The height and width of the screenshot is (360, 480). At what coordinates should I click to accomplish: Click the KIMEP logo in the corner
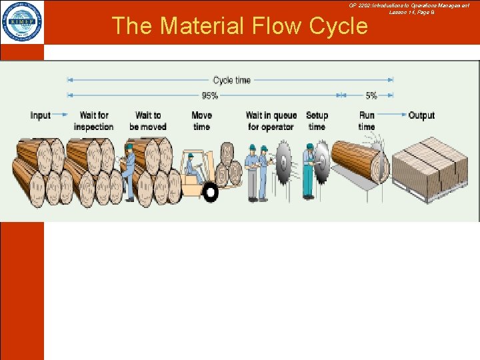22,21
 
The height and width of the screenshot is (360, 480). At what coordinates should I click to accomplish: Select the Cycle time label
232,80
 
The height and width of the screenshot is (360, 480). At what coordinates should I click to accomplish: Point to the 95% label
209,96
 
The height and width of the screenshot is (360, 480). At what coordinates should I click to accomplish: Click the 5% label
371,96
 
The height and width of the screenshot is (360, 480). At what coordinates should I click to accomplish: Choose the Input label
41,115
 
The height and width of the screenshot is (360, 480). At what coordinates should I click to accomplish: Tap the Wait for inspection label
93,121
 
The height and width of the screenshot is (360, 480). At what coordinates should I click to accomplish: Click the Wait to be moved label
148,121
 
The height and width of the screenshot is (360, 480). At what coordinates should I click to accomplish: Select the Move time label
201,121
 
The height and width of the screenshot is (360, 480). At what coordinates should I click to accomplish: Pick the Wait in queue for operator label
271,121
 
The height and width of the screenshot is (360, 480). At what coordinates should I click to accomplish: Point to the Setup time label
317,121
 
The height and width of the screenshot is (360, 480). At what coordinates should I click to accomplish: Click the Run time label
367,121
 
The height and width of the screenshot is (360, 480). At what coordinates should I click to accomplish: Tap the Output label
421,115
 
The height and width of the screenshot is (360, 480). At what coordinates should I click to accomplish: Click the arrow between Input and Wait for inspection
61,115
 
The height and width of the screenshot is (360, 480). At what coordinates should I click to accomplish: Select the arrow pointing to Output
394,115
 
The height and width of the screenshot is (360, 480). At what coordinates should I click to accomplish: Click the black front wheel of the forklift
211,193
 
